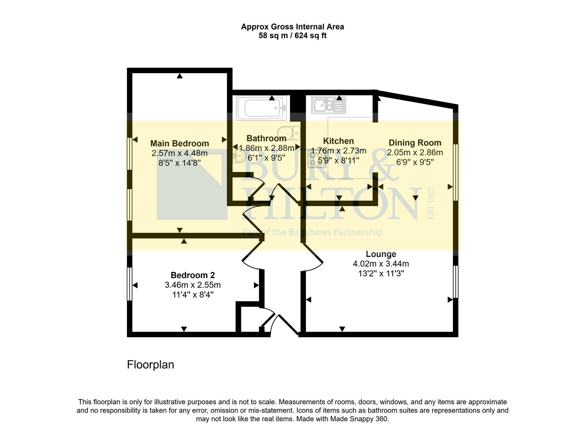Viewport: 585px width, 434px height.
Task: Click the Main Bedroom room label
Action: tap(179, 143)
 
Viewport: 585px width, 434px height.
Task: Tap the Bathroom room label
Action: tap(266, 139)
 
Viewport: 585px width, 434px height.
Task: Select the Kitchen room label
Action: tap(338, 141)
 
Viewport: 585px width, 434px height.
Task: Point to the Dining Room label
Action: tap(415, 143)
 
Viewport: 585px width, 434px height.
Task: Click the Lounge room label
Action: tap(381, 254)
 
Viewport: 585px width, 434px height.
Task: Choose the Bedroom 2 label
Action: tap(193, 275)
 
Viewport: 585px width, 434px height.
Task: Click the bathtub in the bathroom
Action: tap(261, 108)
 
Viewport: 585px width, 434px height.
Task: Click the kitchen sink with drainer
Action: tap(328, 106)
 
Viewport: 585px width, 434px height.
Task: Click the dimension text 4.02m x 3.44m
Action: tap(381, 264)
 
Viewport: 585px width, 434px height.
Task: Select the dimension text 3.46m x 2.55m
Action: tap(193, 285)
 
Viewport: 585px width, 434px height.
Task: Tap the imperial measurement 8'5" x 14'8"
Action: tap(179, 163)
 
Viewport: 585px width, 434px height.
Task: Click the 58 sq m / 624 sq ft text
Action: tap(292, 36)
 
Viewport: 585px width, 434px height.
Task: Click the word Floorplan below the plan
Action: tap(151, 364)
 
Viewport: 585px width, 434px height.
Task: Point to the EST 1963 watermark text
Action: tap(432, 203)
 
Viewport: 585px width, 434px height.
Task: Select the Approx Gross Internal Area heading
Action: tap(292, 27)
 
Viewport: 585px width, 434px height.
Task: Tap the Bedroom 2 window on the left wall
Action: tap(129, 284)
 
